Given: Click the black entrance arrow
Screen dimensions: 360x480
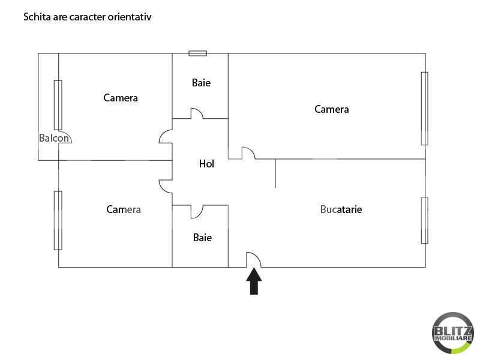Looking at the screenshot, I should (x=254, y=281).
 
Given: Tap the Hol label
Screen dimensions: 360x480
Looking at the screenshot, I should (x=206, y=163).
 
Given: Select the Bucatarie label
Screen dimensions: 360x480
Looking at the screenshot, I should (x=341, y=209).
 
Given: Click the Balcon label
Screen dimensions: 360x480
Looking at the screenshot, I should (x=54, y=138).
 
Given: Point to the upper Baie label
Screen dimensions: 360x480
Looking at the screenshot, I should (x=201, y=83).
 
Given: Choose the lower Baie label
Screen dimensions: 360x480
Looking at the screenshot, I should (x=202, y=238).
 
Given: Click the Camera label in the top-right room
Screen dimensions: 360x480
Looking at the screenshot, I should (x=332, y=109).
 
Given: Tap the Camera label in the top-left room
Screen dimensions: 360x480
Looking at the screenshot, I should (x=121, y=98).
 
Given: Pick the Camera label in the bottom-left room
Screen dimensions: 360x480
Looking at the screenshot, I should (x=124, y=209).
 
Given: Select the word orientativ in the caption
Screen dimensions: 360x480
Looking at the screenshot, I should (x=130, y=17).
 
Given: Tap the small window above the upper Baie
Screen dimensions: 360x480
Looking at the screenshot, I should (x=197, y=53).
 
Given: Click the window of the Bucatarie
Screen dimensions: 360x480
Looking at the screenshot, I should (x=424, y=220).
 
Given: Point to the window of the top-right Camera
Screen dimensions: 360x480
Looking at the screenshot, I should (x=424, y=108).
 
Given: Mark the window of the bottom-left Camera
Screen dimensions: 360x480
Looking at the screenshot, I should (x=58, y=220).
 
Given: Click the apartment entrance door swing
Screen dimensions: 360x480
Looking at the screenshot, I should (x=254, y=260).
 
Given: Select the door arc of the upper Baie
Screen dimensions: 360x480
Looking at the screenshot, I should (x=197, y=113).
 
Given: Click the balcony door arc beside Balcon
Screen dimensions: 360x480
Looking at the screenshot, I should (x=65, y=137).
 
